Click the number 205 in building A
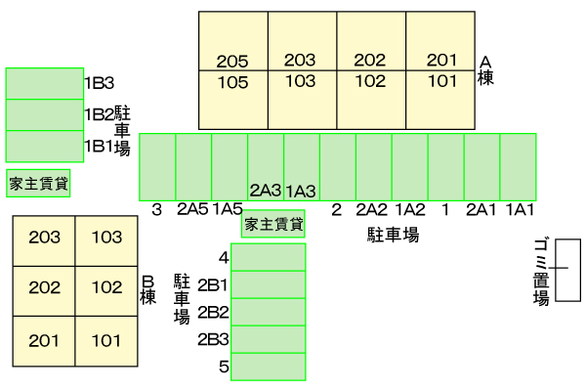tap(233, 62)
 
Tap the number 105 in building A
tap(233, 82)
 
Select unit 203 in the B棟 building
tap(45, 238)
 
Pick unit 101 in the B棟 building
tap(106, 341)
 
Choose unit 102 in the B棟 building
tap(106, 287)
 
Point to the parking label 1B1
tap(99, 146)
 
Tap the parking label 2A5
tap(192, 208)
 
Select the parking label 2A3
tap(266, 190)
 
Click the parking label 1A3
tap(301, 190)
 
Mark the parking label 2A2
tap(372, 208)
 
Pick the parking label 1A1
tap(519, 208)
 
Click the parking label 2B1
tap(213, 285)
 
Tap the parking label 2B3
tap(213, 340)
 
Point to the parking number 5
tap(224, 368)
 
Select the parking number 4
tap(224, 258)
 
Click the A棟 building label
tap(485, 70)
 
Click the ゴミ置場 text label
tap(540, 271)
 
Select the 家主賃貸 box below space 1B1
tap(38, 183)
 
